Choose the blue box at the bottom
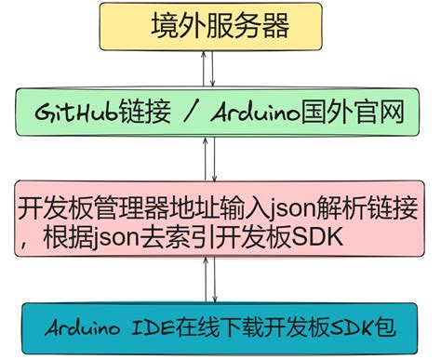click(x=220, y=328)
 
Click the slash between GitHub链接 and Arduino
click(x=190, y=113)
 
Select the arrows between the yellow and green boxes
click(x=214, y=69)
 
